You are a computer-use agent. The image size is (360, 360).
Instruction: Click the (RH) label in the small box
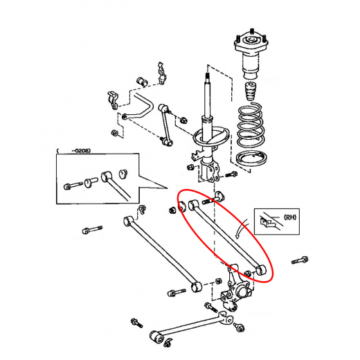point(289,217)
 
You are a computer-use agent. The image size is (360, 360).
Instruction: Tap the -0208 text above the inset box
point(81,151)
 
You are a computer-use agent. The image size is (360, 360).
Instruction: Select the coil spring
point(251,126)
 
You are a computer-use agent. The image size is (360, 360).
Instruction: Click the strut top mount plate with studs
point(251,43)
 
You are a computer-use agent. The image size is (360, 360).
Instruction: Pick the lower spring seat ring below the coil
point(252,159)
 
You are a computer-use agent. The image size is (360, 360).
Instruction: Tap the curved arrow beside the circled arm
point(241,228)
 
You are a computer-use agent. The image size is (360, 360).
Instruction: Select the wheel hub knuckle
point(236,289)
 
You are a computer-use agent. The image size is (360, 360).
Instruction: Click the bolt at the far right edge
point(300,260)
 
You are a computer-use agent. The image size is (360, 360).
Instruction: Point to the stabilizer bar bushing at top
point(142,81)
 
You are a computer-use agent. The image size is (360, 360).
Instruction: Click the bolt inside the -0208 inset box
point(73,185)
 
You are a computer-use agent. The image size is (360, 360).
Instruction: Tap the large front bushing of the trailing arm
point(156,336)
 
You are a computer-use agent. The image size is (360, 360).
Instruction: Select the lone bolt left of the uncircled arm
point(92,229)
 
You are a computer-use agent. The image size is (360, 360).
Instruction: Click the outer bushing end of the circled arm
point(262,270)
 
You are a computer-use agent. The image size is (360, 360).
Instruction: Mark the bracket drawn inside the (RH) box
point(265,222)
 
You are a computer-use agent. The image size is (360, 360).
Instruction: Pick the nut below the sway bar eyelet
point(115,133)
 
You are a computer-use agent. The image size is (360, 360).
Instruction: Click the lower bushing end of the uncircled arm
point(197,287)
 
